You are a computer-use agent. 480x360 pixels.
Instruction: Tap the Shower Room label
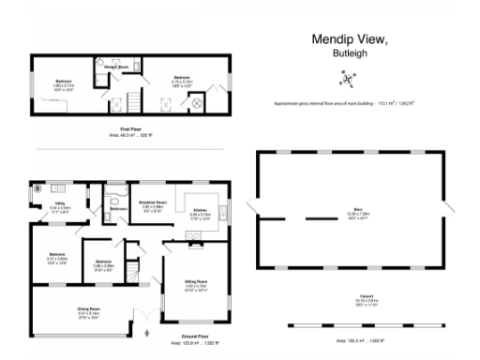click(x=116, y=67)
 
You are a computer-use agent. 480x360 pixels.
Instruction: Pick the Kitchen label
click(x=200, y=210)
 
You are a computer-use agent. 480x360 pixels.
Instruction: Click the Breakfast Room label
click(x=152, y=202)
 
